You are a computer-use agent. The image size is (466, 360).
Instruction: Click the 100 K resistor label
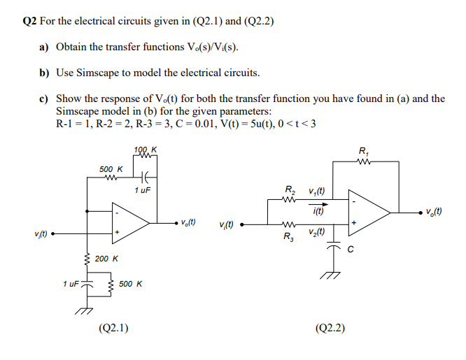(x=145, y=150)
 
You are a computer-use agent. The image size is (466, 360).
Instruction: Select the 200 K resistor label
(x=106, y=259)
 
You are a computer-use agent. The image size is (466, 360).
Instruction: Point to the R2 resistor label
(x=290, y=189)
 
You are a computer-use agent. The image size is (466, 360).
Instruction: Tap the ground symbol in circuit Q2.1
(x=86, y=310)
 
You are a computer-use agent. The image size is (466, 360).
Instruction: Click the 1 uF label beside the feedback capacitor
(x=143, y=189)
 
